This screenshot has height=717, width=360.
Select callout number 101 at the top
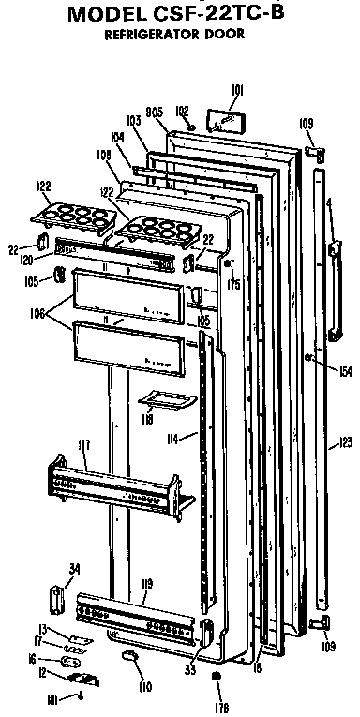[x=236, y=91]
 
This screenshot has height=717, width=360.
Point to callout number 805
[x=157, y=112]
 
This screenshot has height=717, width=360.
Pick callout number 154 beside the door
[x=346, y=371]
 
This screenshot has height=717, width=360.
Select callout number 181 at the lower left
[x=54, y=695]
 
